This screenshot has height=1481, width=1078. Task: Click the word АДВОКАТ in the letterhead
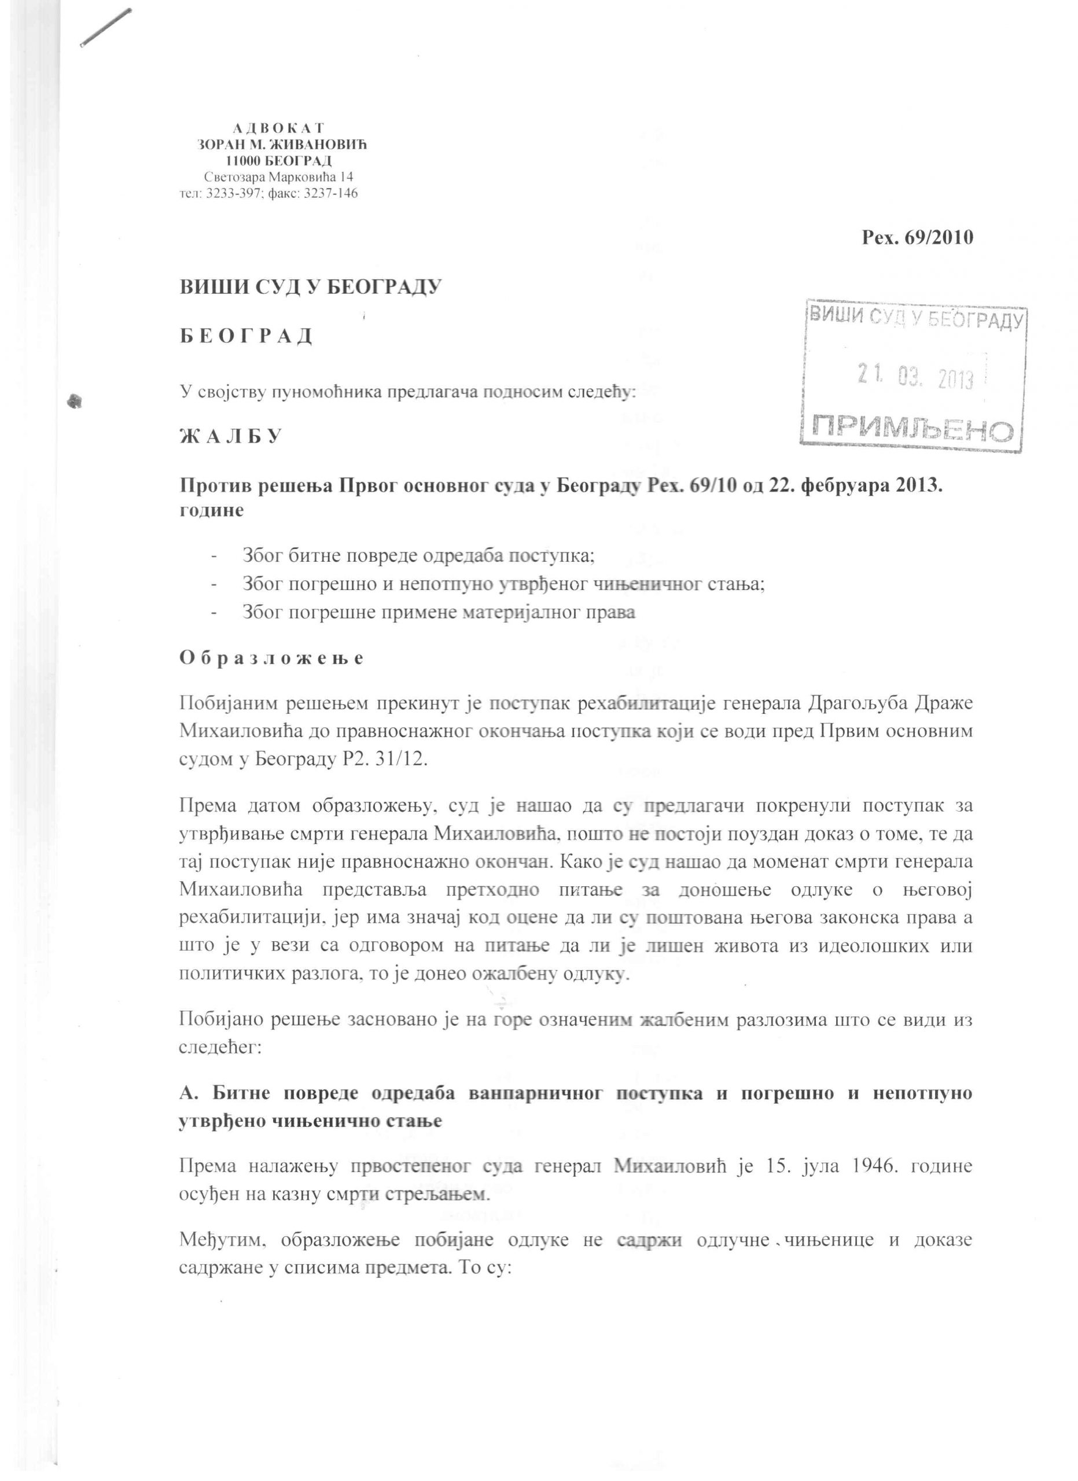click(x=279, y=128)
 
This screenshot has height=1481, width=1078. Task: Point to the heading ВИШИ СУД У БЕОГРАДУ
click(x=311, y=287)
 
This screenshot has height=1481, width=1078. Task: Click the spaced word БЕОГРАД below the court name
click(x=246, y=336)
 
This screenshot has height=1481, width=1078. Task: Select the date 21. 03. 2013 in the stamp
click(x=915, y=377)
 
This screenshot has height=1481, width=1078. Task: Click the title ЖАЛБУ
click(x=230, y=436)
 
